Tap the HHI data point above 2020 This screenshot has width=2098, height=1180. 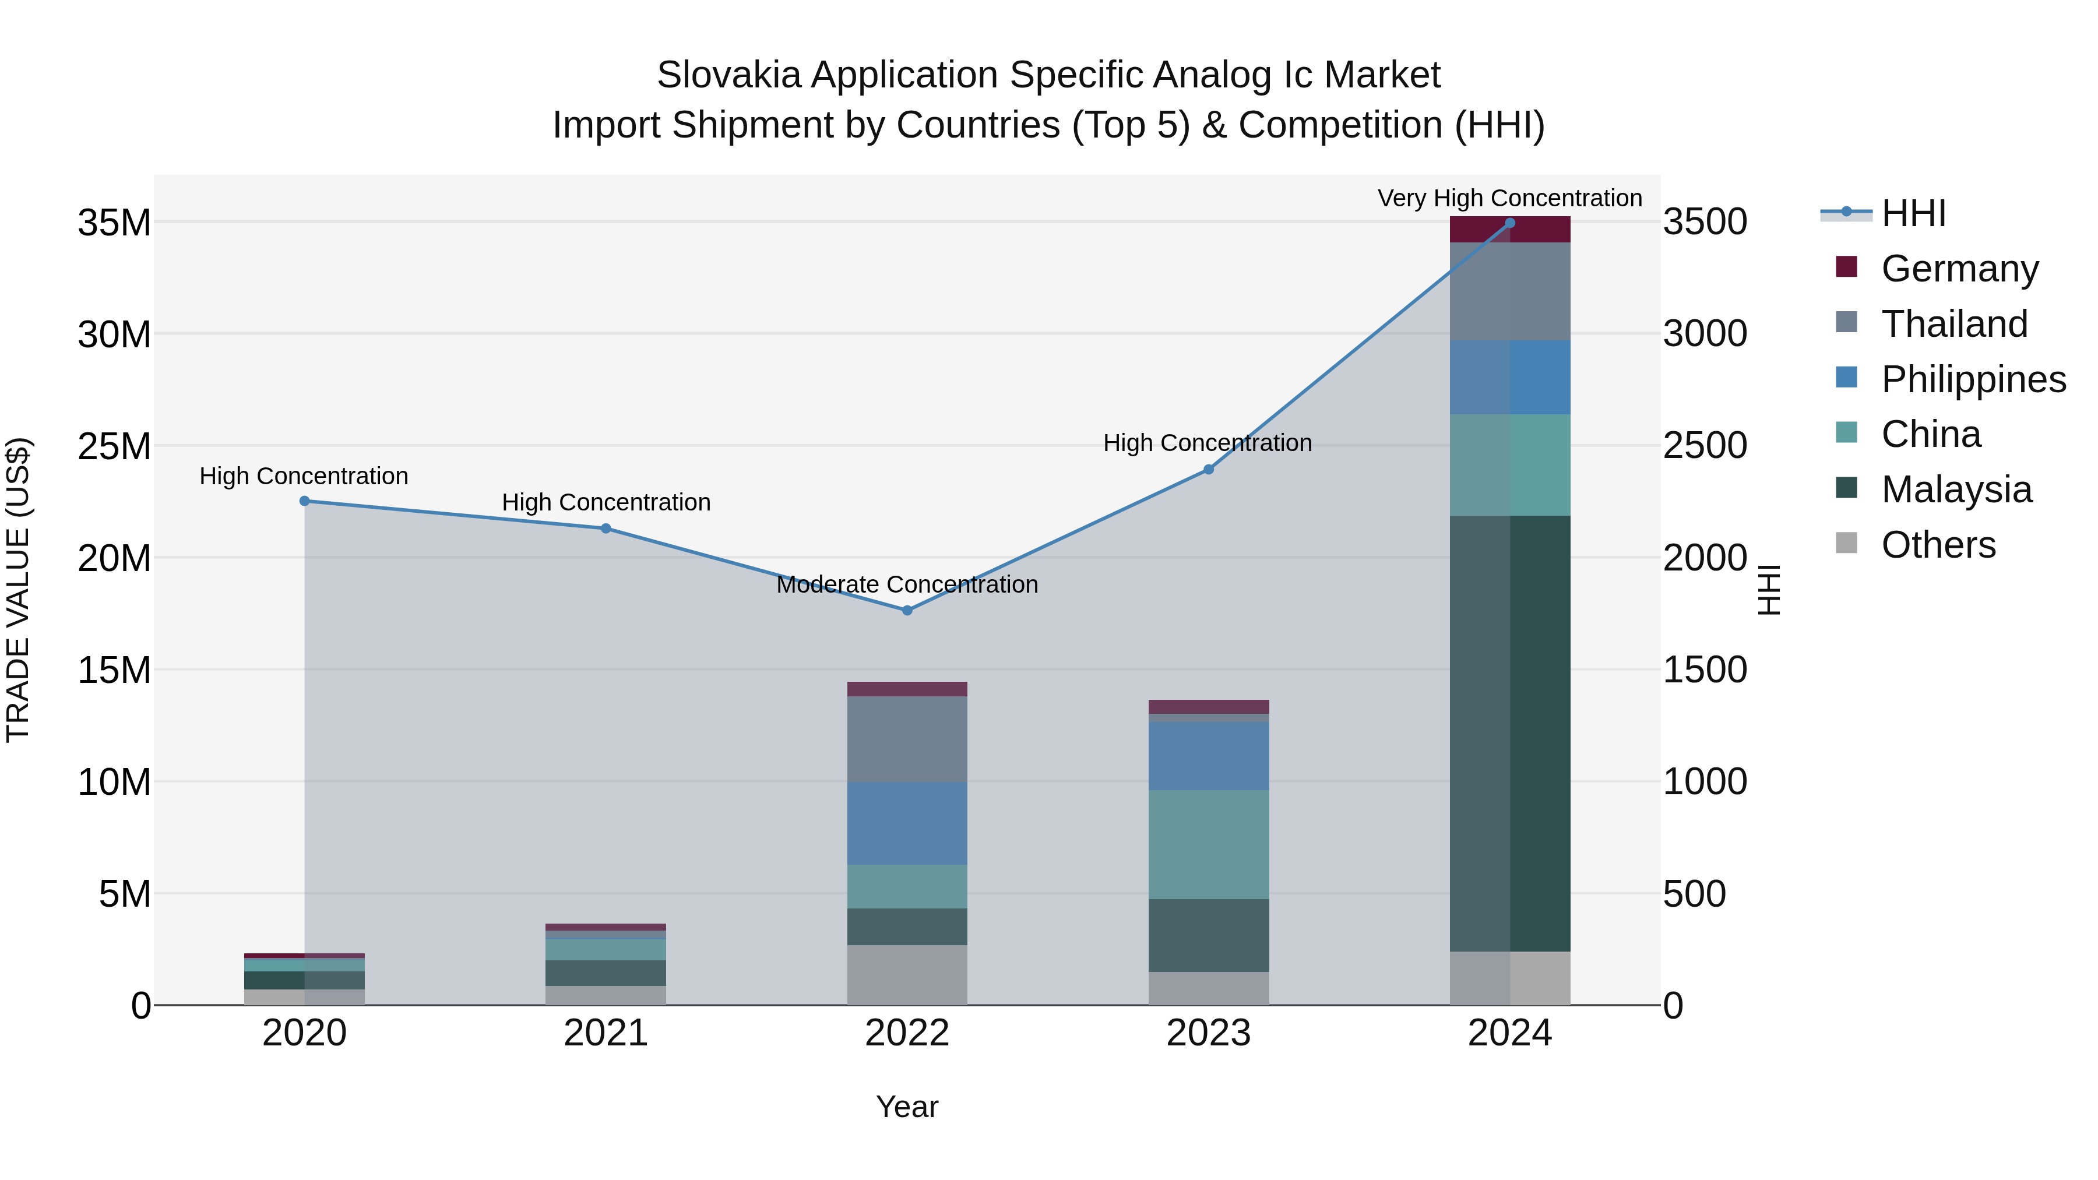[305, 501]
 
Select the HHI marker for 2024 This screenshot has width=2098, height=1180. [1509, 223]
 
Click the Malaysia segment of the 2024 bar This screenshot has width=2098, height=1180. [1509, 733]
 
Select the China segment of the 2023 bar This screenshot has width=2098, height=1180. [1208, 844]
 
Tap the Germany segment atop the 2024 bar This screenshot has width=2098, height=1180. [1509, 230]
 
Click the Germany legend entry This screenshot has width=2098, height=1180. [1959, 269]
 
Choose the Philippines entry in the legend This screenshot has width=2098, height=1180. [1973, 379]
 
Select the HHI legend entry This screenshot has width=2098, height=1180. [1913, 213]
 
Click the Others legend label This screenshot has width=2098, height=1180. [1938, 545]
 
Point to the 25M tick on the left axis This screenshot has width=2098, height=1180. [114, 446]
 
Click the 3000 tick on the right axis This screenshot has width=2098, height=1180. [1705, 334]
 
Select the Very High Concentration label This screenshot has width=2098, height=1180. [1509, 198]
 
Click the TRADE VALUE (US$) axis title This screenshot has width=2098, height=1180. [18, 590]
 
